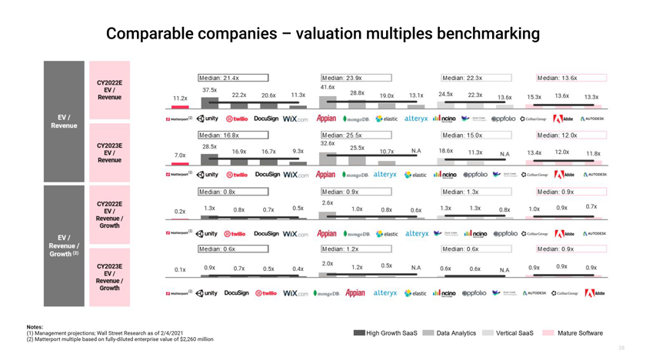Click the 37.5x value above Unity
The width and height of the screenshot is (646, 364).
(209, 90)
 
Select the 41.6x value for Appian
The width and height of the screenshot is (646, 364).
(328, 87)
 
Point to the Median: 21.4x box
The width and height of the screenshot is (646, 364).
(233, 78)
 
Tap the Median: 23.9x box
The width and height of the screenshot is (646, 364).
(356, 78)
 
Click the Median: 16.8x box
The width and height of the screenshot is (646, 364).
(233, 135)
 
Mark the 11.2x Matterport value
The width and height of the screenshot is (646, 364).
(180, 99)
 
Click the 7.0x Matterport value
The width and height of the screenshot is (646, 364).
(180, 155)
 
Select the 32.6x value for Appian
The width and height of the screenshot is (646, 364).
(328, 144)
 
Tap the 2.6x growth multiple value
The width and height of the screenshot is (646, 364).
(328, 202)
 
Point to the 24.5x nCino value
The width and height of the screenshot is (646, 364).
(445, 94)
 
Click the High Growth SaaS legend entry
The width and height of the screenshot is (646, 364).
(385, 333)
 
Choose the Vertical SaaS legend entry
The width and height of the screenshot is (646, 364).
(508, 333)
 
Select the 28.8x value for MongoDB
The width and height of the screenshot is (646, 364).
(357, 93)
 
